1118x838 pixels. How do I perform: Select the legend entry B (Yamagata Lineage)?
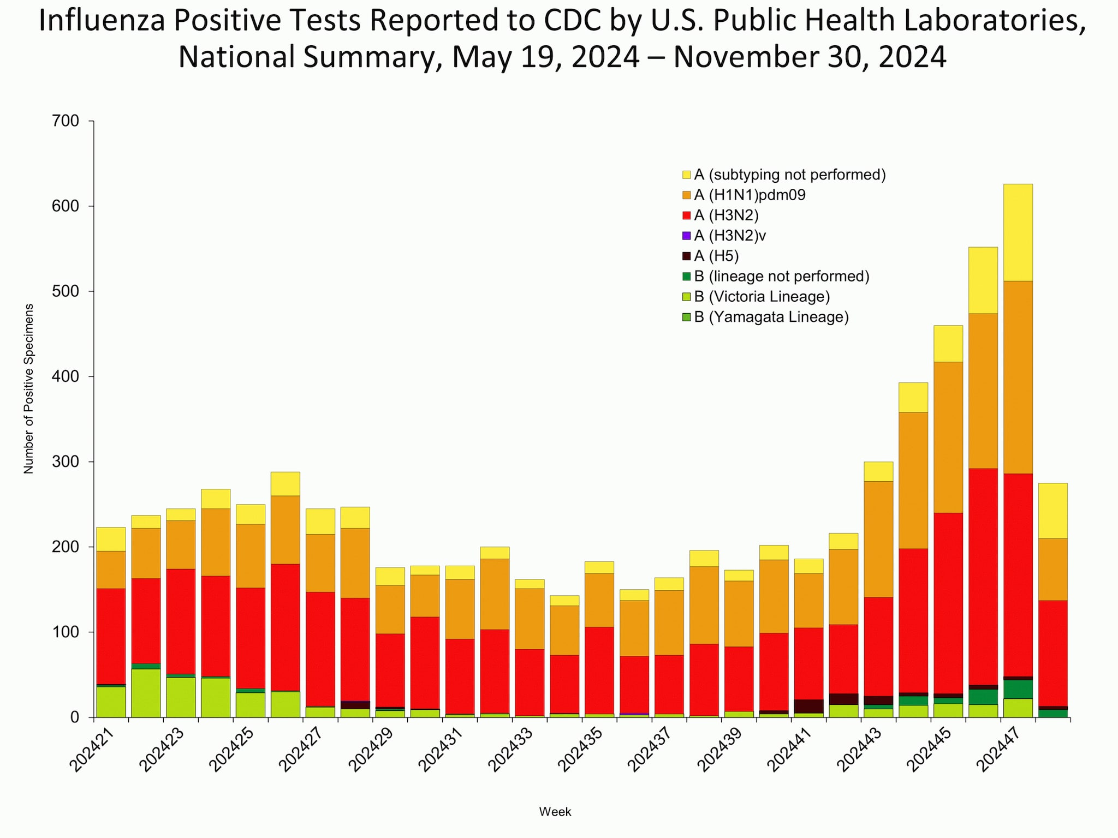[x=771, y=317]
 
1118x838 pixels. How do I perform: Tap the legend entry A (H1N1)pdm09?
[x=750, y=195]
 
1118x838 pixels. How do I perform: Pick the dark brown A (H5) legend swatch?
[x=687, y=256]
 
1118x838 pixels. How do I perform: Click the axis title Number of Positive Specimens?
[x=28, y=388]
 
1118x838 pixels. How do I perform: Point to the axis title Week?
[x=555, y=812]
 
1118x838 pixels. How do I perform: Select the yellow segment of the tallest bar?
[x=1018, y=232]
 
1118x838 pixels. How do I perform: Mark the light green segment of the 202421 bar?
[x=111, y=702]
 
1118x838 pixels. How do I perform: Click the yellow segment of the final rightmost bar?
[x=1052, y=511]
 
